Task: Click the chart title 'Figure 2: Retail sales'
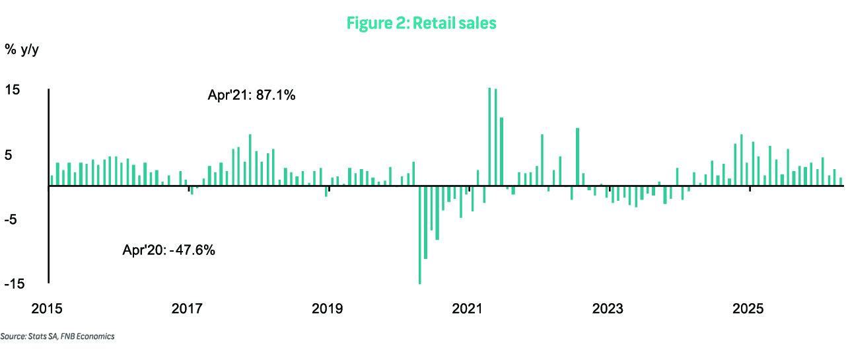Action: click(421, 23)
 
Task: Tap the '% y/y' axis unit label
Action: click(22, 50)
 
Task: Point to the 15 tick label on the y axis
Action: click(12, 90)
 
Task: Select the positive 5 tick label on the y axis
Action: click(9, 155)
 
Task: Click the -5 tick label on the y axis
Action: click(11, 219)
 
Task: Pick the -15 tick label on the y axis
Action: click(15, 284)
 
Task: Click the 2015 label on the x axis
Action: click(47, 309)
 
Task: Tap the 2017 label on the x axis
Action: click(187, 309)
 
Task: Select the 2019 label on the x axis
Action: click(327, 309)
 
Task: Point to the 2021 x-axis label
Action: click(467, 309)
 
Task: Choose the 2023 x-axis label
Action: click(608, 309)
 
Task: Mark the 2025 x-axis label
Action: click(748, 309)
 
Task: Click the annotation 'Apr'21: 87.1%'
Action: click(252, 95)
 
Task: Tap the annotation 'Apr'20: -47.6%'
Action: click(169, 250)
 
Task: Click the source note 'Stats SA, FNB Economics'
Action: click(71, 337)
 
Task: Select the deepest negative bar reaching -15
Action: click(420, 234)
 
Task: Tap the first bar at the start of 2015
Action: click(52, 180)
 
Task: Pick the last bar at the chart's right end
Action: click(841, 182)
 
